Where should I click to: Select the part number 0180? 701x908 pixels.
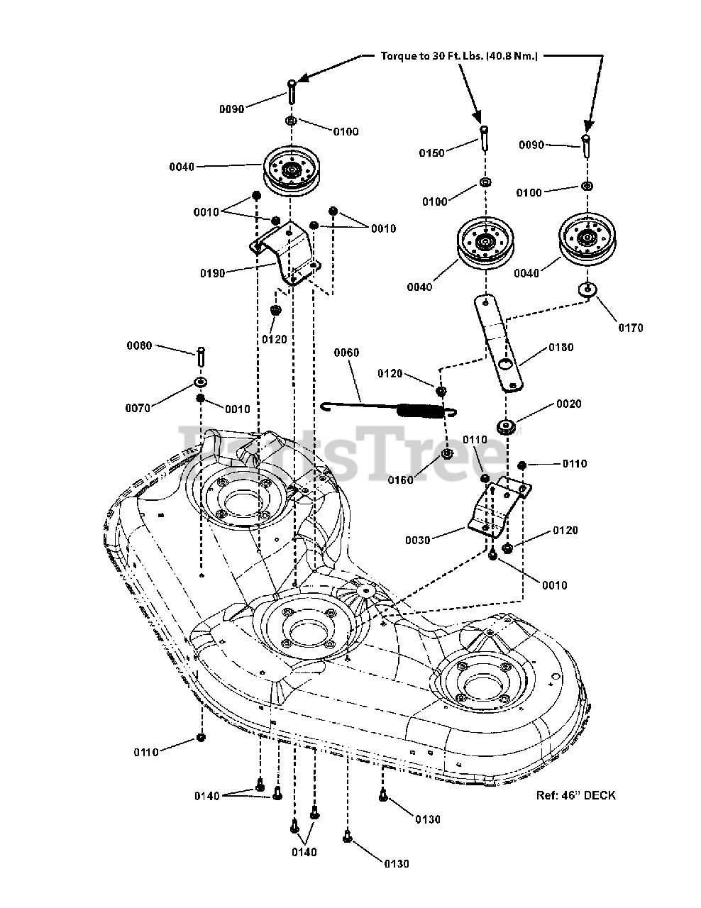[560, 348]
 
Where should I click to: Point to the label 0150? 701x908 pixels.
[431, 153]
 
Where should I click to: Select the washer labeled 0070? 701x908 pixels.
[202, 383]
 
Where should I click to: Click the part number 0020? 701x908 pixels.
[568, 404]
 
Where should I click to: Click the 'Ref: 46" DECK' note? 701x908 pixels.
[575, 795]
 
